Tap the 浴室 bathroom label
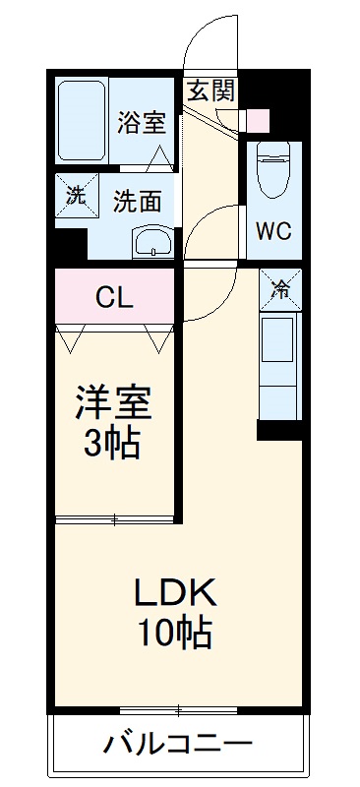141,123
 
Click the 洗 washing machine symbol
76,194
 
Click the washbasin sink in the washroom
151,241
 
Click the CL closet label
114,296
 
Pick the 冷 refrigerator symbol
281,289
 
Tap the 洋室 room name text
114,403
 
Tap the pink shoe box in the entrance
257,119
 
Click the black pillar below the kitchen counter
279,430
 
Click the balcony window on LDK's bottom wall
179,709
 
